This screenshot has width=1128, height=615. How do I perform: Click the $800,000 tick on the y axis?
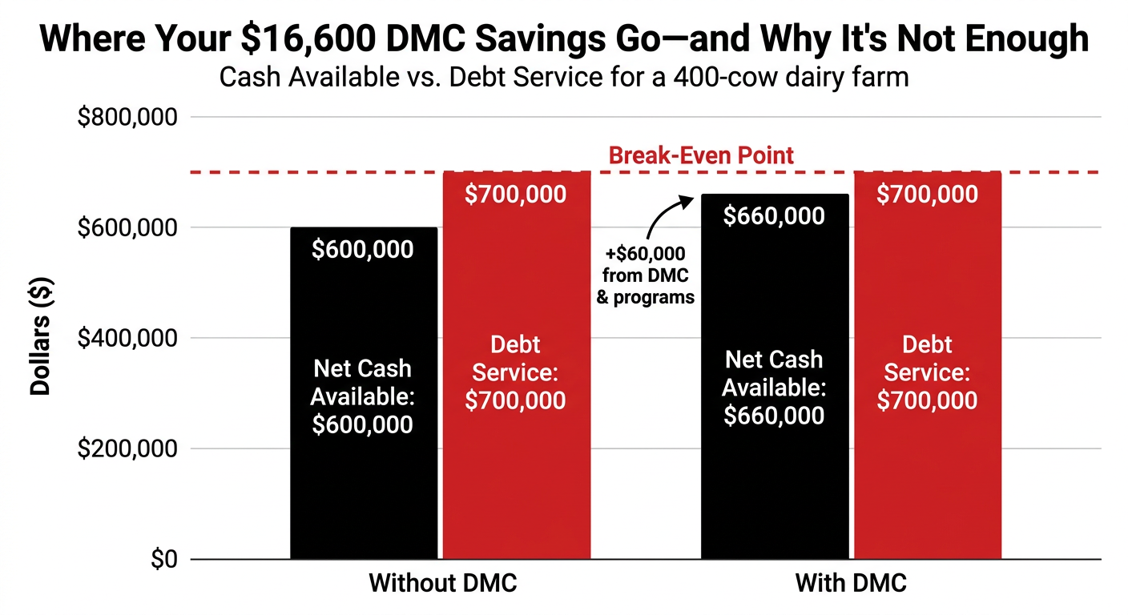point(127,118)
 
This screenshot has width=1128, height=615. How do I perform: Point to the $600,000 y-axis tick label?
point(127,228)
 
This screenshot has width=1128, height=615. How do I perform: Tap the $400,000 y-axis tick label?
point(127,339)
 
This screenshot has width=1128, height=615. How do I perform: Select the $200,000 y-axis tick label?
point(127,449)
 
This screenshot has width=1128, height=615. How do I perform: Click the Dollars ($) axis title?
point(41,336)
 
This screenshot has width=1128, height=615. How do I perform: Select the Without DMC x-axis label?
point(442,583)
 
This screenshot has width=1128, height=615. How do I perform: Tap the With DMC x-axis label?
point(851,583)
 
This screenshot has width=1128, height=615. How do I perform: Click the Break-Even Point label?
point(702,155)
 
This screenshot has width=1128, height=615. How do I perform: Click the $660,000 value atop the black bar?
point(774,216)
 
